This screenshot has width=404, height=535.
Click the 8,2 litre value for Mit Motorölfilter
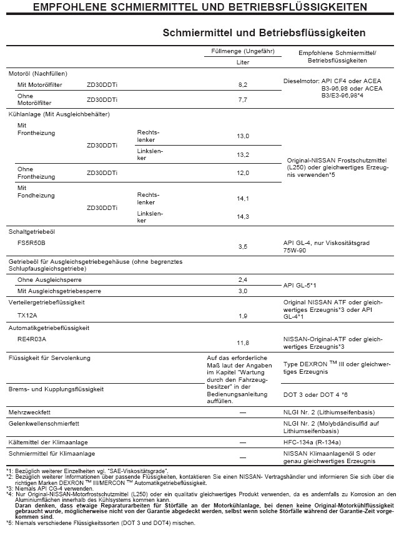243,84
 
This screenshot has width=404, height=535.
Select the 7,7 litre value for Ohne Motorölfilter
243,99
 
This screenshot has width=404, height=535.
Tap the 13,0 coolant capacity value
243,136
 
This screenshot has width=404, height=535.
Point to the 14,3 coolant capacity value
243,216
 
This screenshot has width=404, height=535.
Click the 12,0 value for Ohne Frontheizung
243,172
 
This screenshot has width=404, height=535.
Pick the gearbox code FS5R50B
32,242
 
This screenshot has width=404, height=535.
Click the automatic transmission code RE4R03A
32,339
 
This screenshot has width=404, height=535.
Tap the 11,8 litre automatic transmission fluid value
243,343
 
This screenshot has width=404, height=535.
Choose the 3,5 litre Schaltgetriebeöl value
243,247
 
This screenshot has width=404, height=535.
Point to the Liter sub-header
242,62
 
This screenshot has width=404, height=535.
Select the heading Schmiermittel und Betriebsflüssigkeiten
264,32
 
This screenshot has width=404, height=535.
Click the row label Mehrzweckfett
30,413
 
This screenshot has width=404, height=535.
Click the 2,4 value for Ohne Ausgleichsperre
243,279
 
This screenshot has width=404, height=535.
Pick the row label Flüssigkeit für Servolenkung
49,357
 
